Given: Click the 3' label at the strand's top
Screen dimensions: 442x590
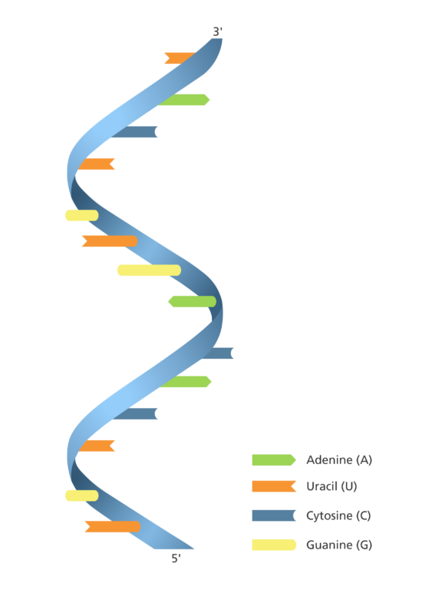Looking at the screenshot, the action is tap(218, 31).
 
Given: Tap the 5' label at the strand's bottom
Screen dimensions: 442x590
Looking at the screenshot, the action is tap(176, 559).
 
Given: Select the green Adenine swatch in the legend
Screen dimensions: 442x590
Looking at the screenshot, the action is tap(274, 460).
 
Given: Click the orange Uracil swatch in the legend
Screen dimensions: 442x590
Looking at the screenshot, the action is tap(274, 486).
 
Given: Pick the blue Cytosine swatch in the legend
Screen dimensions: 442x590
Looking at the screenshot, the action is tap(274, 515).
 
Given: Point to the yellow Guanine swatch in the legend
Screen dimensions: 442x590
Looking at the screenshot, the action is tap(274, 545).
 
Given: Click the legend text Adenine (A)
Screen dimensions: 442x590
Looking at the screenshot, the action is tap(339, 460).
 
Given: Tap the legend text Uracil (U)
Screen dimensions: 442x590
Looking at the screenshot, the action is tap(331, 486).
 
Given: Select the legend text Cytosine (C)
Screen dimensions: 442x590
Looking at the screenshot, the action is tap(338, 515).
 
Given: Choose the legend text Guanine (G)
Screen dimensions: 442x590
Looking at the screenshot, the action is tap(339, 545).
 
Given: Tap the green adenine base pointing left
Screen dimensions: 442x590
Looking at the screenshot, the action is tap(192, 301).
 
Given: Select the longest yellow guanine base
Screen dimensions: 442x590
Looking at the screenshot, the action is tap(149, 270).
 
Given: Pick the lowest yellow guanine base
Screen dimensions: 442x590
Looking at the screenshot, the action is tap(82, 496).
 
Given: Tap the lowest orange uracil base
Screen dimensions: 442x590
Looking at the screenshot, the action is tap(113, 527).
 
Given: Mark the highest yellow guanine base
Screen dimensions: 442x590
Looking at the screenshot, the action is tap(82, 216).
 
